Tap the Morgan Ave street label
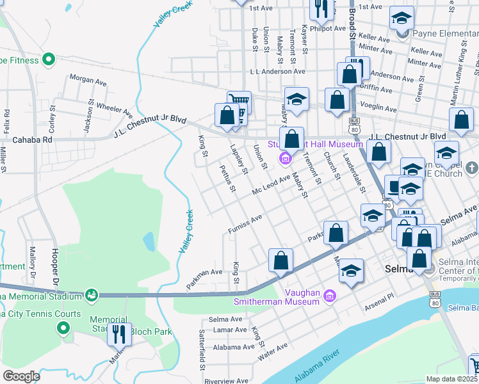(88, 81)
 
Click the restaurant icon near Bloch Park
(118, 334)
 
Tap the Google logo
(20, 376)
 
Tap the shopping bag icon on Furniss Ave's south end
(280, 260)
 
